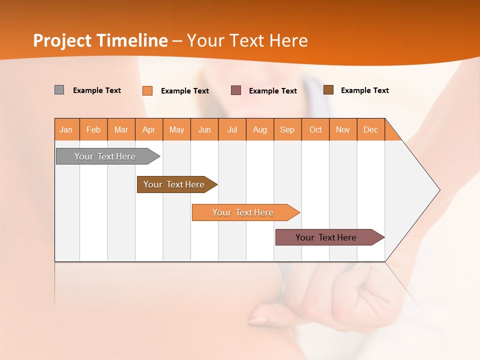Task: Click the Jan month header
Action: coord(66,129)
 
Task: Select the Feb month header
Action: coord(93,129)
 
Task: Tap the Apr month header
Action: coord(149,129)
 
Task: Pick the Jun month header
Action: coord(204,129)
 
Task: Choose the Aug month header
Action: coord(260,129)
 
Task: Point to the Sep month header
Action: coord(287,129)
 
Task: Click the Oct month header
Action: coord(315,129)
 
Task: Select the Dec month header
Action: coord(371,129)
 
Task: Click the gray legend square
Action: coord(59,90)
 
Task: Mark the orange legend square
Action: coord(147,90)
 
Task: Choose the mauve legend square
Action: coord(236,90)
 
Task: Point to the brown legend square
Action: coord(328,90)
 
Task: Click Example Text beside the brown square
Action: coord(364,90)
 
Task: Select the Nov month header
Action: coord(343,129)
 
